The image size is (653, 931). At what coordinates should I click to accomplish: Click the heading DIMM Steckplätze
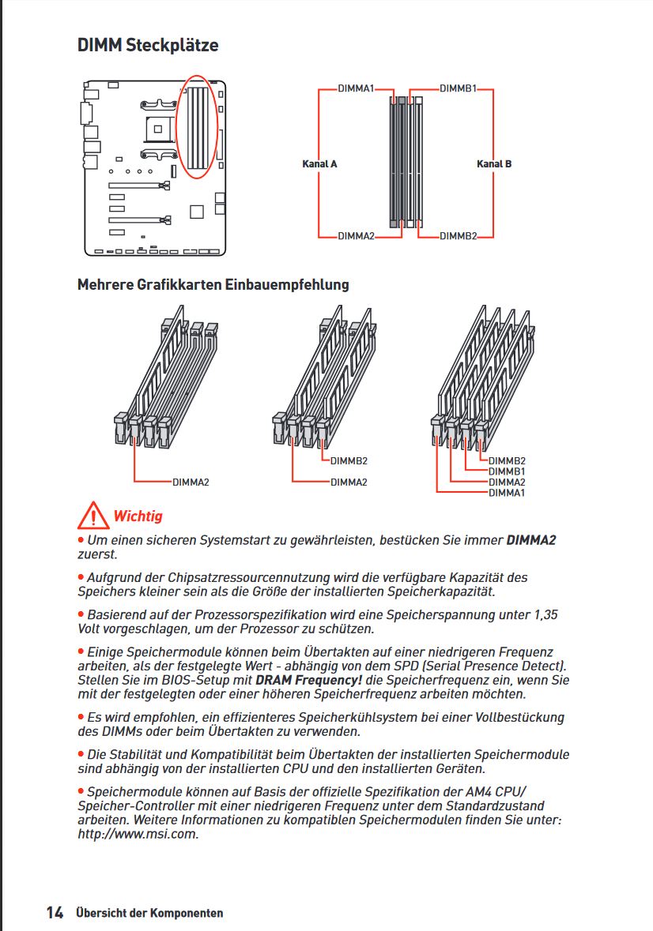[148, 45]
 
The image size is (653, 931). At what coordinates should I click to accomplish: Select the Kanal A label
[319, 164]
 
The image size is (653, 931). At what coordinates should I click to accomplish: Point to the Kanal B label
[493, 164]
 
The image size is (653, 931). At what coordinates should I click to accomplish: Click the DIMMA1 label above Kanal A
[355, 89]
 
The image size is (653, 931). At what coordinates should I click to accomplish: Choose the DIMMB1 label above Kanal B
[458, 89]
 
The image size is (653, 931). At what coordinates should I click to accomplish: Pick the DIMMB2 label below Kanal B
[458, 236]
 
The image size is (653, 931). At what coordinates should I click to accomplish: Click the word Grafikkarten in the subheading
[179, 284]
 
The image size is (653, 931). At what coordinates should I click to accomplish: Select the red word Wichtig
[138, 516]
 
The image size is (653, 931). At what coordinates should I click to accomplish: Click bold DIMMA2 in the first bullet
[531, 541]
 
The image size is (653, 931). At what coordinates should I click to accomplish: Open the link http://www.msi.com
[138, 834]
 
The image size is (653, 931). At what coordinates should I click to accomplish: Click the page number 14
[55, 913]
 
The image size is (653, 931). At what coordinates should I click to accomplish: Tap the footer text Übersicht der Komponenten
[149, 914]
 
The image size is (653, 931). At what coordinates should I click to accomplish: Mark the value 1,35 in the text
[540, 614]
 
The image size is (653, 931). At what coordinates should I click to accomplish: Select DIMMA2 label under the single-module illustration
[191, 482]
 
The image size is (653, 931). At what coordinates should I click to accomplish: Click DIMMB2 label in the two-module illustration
[349, 461]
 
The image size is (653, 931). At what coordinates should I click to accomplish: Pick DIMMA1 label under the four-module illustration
[507, 493]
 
